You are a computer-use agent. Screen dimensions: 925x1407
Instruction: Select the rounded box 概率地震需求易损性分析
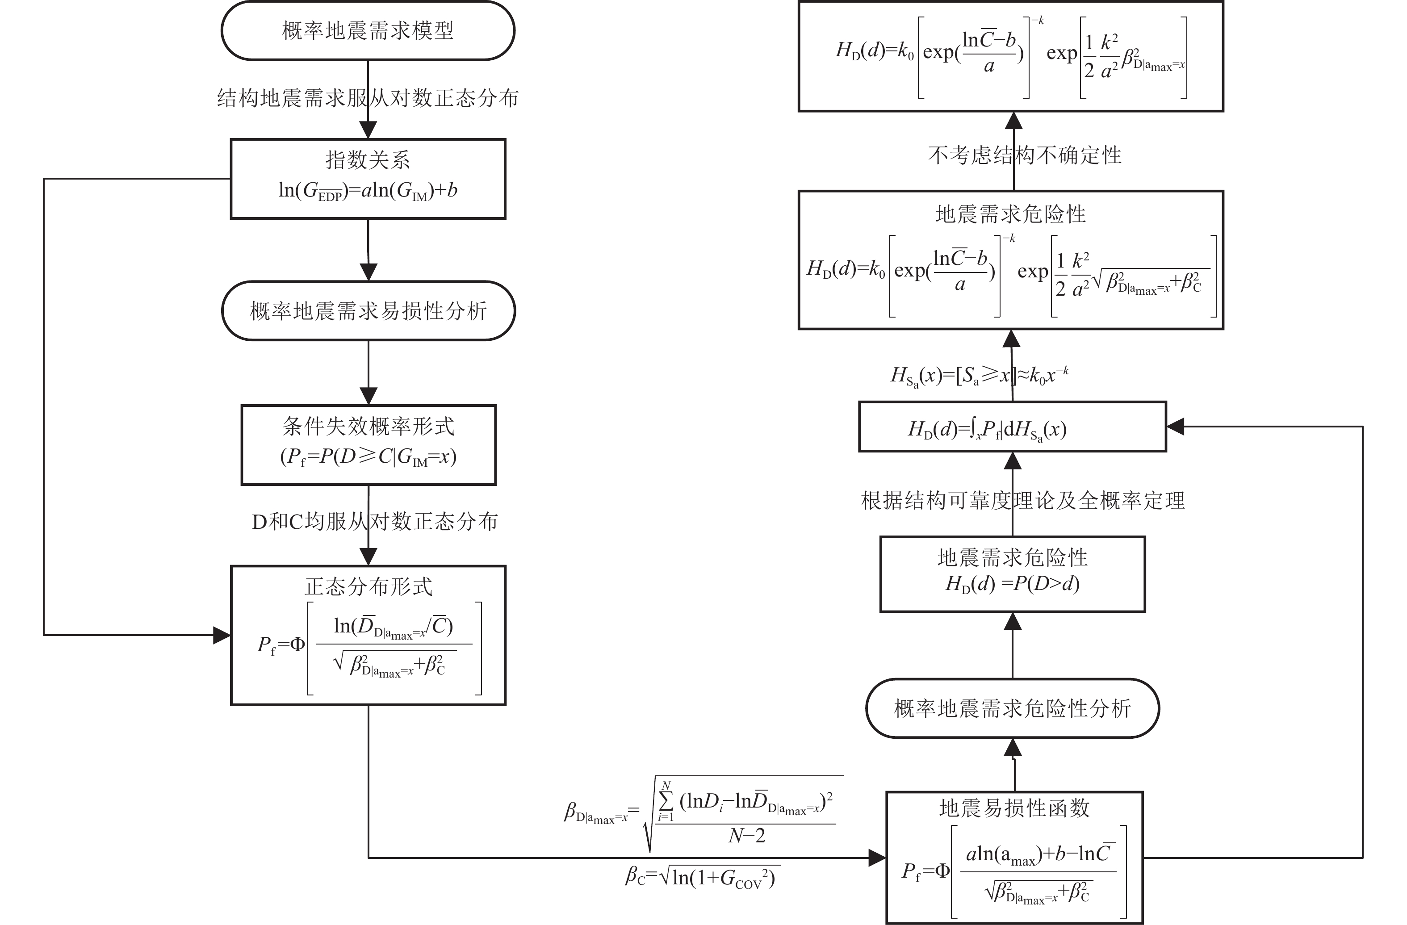pos(368,311)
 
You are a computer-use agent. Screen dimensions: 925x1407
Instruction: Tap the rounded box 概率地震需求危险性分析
pos(1012,708)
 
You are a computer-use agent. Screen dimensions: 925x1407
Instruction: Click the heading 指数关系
pos(368,159)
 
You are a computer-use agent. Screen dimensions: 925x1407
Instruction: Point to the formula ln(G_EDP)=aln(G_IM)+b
pos(368,191)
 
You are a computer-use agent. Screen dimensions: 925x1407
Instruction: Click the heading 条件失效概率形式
pos(368,426)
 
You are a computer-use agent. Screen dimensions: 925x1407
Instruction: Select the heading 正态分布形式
pos(368,587)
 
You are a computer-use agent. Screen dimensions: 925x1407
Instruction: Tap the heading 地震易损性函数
pos(1014,808)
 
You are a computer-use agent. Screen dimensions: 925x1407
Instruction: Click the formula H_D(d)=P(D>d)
pos(1012,584)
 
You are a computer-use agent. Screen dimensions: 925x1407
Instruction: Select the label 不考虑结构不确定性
pos(1025,155)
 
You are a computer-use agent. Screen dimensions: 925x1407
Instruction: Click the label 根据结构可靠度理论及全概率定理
pos(1023,501)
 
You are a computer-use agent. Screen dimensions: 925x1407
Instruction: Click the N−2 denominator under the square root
pos(747,836)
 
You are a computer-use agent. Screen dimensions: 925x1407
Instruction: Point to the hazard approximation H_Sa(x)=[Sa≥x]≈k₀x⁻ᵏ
pos(980,375)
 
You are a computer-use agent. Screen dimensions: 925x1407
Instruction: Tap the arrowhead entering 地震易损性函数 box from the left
pos(877,858)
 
